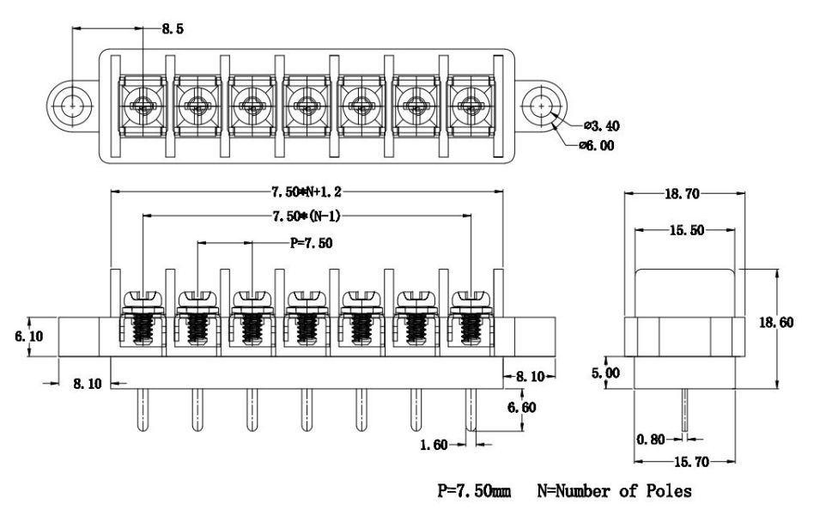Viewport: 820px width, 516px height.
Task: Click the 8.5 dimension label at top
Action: point(173,28)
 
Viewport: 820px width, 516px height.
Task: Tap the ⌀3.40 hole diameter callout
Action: point(602,125)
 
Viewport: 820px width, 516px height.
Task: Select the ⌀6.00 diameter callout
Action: point(597,145)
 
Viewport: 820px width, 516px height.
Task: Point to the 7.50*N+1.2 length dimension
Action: point(306,191)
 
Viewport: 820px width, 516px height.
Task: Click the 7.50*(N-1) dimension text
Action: point(307,216)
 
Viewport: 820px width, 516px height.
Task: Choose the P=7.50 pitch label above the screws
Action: point(311,243)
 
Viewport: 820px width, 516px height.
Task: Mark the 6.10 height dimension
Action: point(28,337)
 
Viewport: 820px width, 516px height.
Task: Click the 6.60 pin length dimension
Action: point(522,407)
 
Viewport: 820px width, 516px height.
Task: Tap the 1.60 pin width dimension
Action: point(434,445)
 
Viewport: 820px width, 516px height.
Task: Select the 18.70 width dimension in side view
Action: point(682,194)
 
